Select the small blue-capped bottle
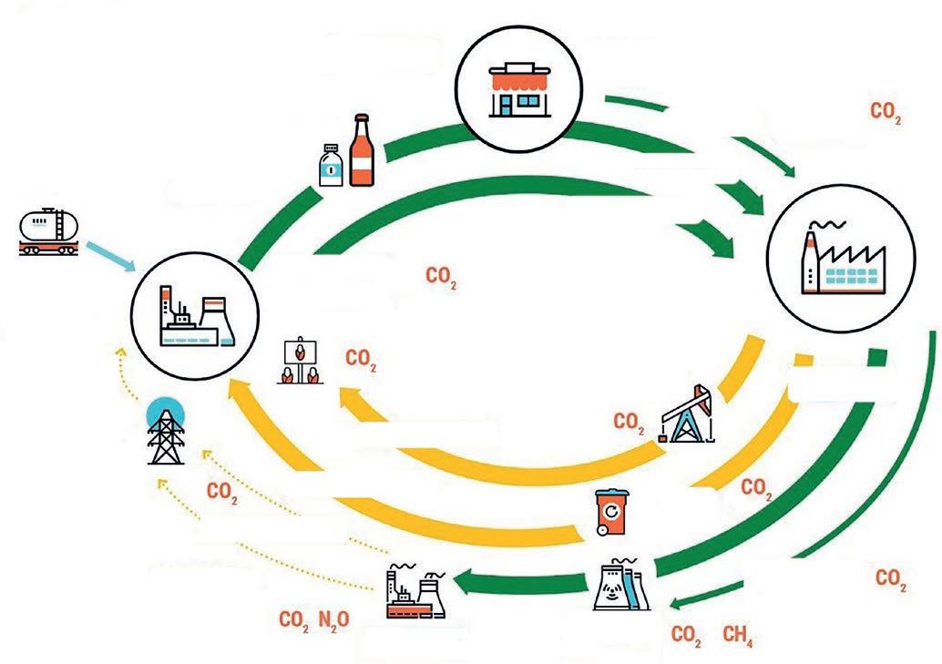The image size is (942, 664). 331,165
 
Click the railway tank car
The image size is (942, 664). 49,231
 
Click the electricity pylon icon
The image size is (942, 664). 166,434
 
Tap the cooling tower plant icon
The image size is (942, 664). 622,585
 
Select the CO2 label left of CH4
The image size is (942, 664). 686,634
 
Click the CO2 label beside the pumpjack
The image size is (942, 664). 629,422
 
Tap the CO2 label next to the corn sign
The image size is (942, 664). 361,359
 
